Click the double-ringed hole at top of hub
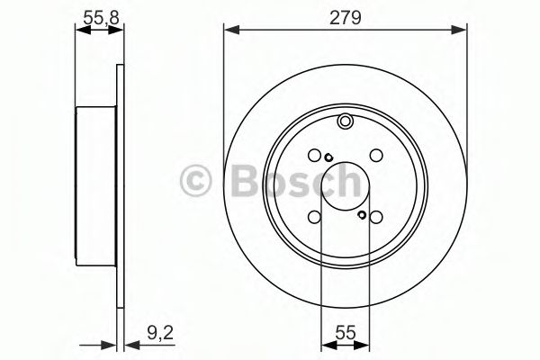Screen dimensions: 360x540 pos(346,122)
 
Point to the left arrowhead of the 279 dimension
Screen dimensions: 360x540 pos(229,31)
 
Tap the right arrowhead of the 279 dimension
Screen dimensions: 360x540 pos(462,31)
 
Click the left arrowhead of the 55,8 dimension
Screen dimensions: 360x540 pos(79,31)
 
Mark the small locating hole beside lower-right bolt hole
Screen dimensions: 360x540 pos(361,215)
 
